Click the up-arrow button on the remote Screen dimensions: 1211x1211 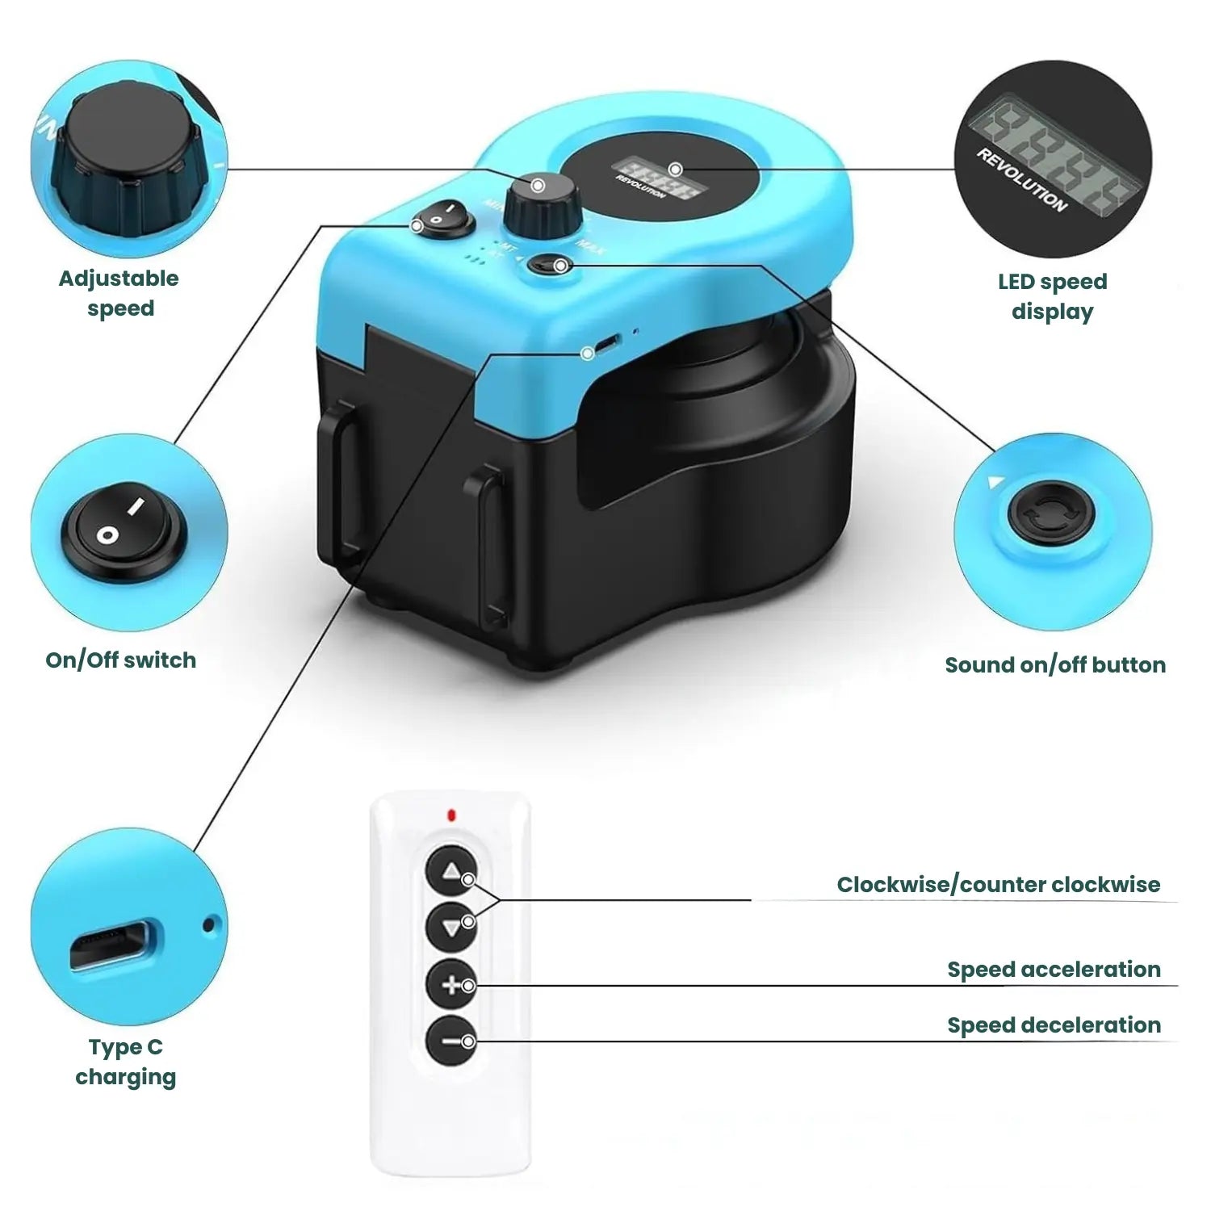(x=450, y=870)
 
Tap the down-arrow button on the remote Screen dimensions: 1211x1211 (x=450, y=928)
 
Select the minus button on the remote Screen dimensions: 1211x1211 (x=450, y=1041)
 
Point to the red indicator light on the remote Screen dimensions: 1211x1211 (x=450, y=815)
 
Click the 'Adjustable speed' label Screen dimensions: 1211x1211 (x=119, y=293)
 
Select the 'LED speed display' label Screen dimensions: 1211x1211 (x=1052, y=296)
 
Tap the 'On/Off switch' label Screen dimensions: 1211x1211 (x=120, y=660)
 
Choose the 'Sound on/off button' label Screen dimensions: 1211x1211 (x=1055, y=664)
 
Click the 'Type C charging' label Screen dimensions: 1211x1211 (x=125, y=1062)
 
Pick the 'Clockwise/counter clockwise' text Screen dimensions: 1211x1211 (x=998, y=884)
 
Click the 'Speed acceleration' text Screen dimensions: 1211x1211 (x=1054, y=969)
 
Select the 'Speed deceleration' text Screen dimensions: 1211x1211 (x=1054, y=1025)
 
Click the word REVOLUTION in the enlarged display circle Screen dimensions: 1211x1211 (x=1021, y=180)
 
